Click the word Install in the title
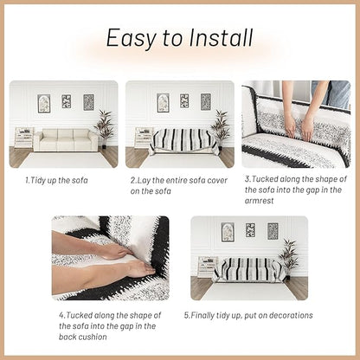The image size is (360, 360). pos(221,37)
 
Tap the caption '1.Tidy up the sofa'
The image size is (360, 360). pos(56,181)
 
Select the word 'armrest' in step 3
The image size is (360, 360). pos(259,201)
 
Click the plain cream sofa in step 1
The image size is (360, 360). pos(66,140)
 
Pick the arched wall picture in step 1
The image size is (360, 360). pos(44,104)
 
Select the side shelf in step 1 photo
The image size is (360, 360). pos(23,138)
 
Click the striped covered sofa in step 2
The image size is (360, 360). pos(183,141)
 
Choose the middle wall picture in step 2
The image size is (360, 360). pos(184,101)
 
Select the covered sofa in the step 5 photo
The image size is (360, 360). pos(248,269)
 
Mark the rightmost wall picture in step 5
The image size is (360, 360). pos(273,231)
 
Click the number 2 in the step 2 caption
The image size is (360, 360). pos(132,181)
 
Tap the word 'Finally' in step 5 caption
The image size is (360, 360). pos(202,316)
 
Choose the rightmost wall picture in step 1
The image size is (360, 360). pos(88,102)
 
